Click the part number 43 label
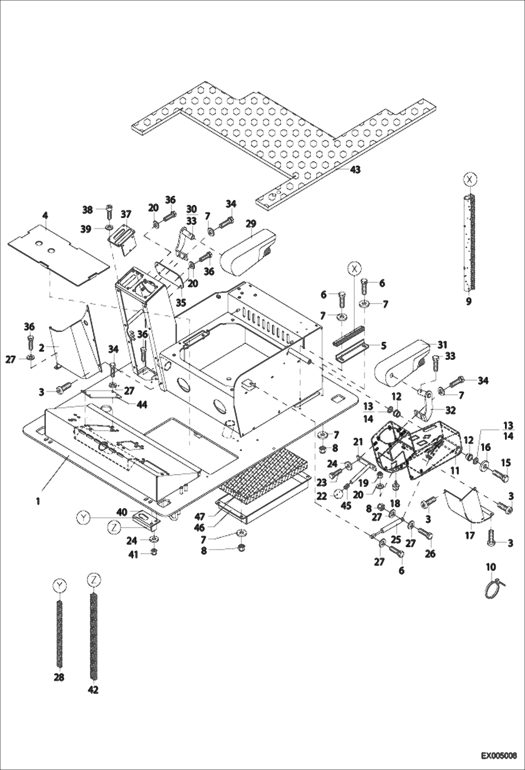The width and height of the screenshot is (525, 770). [x=355, y=170]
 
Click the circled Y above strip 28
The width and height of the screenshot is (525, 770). [x=59, y=585]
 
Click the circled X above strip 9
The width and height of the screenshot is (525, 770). [x=470, y=179]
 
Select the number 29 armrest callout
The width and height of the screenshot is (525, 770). [x=251, y=224]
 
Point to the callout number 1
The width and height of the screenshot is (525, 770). [x=38, y=501]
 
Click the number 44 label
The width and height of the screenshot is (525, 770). [x=142, y=405]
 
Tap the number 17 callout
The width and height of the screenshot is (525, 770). [x=469, y=535]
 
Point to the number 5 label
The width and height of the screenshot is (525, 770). [x=383, y=345]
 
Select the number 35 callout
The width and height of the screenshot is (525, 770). [x=180, y=302]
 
